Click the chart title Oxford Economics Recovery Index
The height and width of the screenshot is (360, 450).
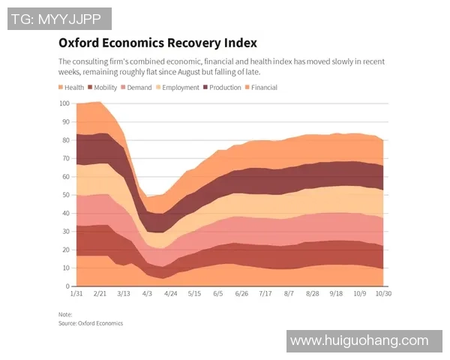[x=157, y=43]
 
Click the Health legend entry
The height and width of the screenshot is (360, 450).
[x=73, y=88]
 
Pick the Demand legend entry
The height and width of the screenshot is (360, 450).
[x=138, y=88]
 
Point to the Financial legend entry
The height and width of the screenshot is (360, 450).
[x=264, y=88]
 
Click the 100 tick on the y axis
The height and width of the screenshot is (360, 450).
[x=64, y=103]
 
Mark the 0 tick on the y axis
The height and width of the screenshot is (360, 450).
[x=67, y=286]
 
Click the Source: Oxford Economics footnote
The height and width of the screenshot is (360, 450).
[x=90, y=323]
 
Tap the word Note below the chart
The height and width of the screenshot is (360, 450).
[x=65, y=315]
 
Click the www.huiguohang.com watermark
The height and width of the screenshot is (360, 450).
[x=364, y=340]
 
